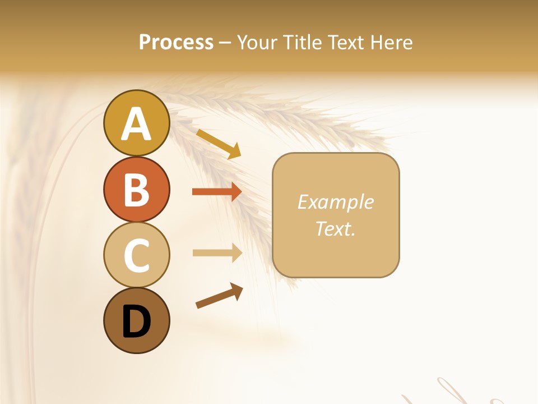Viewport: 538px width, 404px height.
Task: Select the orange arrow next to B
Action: [x=216, y=192]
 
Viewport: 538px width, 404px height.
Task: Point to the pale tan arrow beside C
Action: [x=217, y=253]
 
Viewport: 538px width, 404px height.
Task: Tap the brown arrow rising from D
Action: [x=219, y=296]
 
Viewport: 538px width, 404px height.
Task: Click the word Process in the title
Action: [x=176, y=43]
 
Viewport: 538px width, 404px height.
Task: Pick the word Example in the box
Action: [x=335, y=202]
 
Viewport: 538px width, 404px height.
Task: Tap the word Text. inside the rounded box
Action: [x=335, y=228]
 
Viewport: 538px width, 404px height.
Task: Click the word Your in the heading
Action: [x=257, y=43]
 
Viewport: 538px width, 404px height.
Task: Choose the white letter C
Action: [x=136, y=255]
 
